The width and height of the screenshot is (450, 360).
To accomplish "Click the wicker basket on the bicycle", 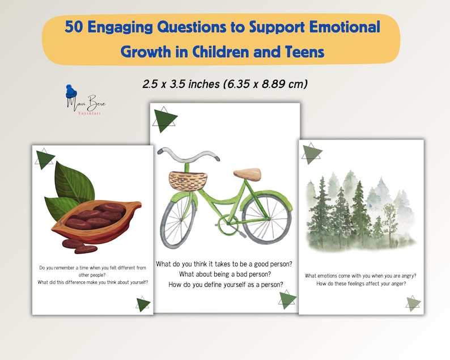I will pos(188,180).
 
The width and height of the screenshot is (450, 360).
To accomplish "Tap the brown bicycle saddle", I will pos(247,173).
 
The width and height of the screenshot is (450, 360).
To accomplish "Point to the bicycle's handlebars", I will pos(188,154).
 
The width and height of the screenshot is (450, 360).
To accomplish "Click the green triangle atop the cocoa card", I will pos(45,160).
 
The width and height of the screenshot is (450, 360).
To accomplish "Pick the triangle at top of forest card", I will pos(311,153).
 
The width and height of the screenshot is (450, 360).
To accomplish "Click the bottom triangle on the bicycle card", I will pos(287,299).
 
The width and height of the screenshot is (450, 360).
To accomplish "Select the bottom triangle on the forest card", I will pos(414,303).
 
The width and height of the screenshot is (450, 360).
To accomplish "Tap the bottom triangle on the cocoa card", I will pos(143,304).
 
